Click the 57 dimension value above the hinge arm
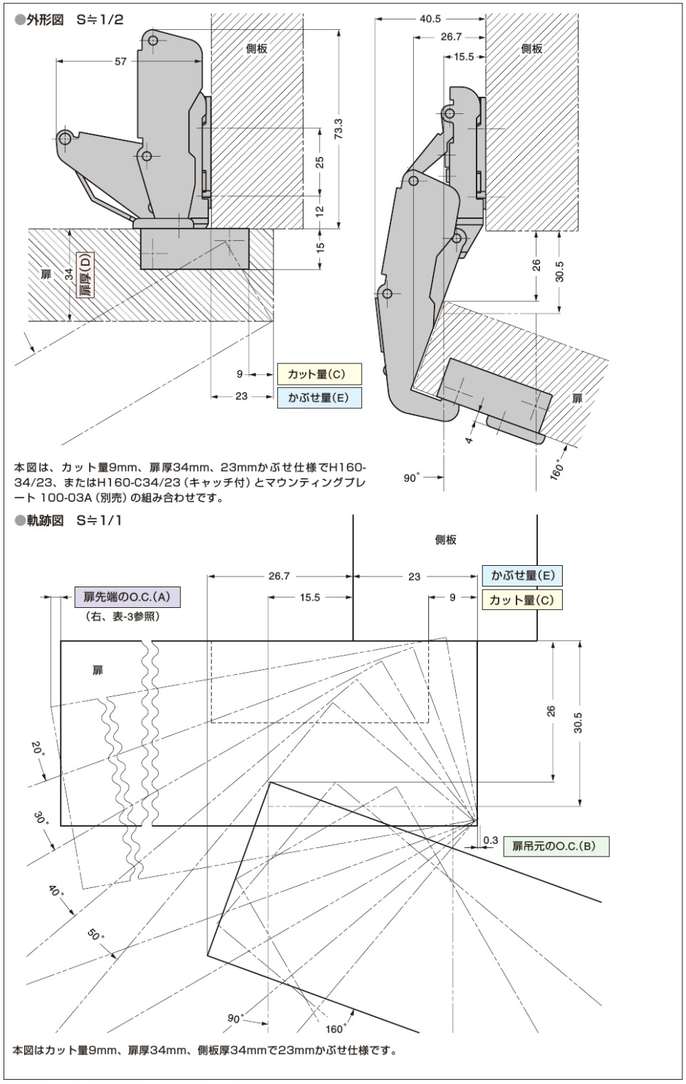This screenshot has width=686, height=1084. (120, 62)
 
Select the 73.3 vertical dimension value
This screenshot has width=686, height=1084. (338, 128)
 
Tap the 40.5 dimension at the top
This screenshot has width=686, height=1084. (430, 19)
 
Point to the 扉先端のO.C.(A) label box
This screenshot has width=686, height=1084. (128, 597)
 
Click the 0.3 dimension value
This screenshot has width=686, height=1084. (490, 840)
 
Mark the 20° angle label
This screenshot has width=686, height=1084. (38, 750)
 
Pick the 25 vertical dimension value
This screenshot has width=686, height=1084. (320, 162)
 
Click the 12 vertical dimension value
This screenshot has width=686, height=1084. (320, 212)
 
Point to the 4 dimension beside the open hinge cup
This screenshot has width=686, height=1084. (469, 440)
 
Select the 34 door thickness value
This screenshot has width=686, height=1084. (69, 273)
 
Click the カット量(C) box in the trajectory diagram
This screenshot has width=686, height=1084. (521, 599)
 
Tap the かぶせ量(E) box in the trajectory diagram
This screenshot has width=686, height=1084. (521, 576)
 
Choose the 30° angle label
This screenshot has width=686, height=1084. (41, 817)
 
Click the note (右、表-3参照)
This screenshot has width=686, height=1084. (121, 616)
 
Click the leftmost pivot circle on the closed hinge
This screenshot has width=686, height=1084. (65, 138)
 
